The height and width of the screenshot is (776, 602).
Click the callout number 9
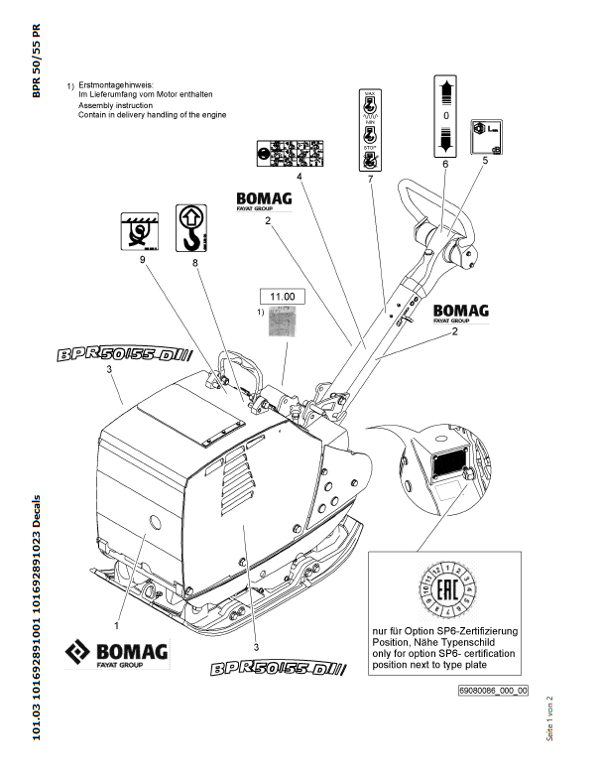point(143,259)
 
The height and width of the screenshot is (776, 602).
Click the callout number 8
point(195,263)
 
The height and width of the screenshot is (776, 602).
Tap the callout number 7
point(369,179)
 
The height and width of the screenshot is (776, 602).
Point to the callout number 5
point(485,159)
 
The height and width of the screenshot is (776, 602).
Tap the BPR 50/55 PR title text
point(38,60)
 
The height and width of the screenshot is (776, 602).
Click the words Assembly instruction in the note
point(115,104)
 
